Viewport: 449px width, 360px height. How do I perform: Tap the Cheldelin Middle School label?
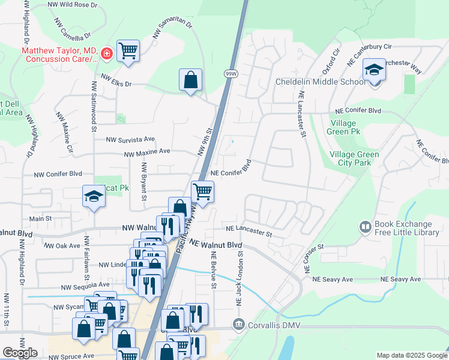click(316, 82)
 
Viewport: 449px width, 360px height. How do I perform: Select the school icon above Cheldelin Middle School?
click(374, 70)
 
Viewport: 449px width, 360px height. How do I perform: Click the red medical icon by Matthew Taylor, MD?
click(107, 55)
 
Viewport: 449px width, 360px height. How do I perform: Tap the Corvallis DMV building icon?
click(240, 325)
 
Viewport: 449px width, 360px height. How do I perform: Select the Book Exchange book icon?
click(364, 227)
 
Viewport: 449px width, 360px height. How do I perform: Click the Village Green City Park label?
click(354, 158)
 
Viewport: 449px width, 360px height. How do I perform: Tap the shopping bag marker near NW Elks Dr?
click(190, 80)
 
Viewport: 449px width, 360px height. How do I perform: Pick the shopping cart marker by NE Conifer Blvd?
click(203, 192)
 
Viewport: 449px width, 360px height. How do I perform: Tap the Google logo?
click(20, 353)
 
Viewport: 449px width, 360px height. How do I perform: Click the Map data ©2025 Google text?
click(412, 355)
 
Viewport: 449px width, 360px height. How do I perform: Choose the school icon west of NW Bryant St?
click(94, 196)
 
